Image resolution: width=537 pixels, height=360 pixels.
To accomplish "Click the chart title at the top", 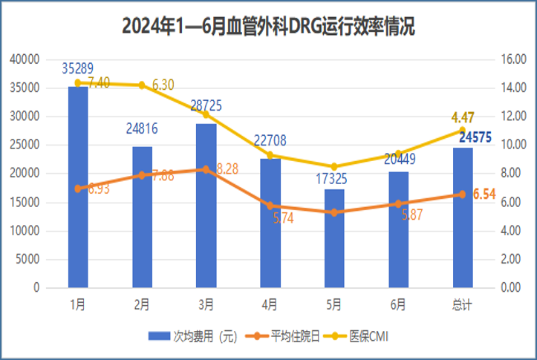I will pyautogui.click(x=268, y=27).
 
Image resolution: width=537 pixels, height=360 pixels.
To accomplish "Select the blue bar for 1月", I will pyautogui.click(x=78, y=186).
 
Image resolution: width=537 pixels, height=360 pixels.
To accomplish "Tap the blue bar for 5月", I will pyautogui.click(x=334, y=238).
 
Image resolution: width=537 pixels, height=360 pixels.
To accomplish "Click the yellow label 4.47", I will pyautogui.click(x=462, y=117).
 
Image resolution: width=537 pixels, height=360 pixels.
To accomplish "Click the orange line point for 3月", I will pyautogui.click(x=206, y=169).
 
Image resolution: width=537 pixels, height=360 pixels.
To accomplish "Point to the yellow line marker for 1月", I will pyautogui.click(x=78, y=82).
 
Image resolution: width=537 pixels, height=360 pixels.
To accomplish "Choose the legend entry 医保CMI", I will pyautogui.click(x=364, y=336).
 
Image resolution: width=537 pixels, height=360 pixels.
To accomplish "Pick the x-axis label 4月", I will pyautogui.click(x=270, y=304).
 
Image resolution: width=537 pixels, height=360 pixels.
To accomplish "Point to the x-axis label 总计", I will pyautogui.click(x=463, y=304).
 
